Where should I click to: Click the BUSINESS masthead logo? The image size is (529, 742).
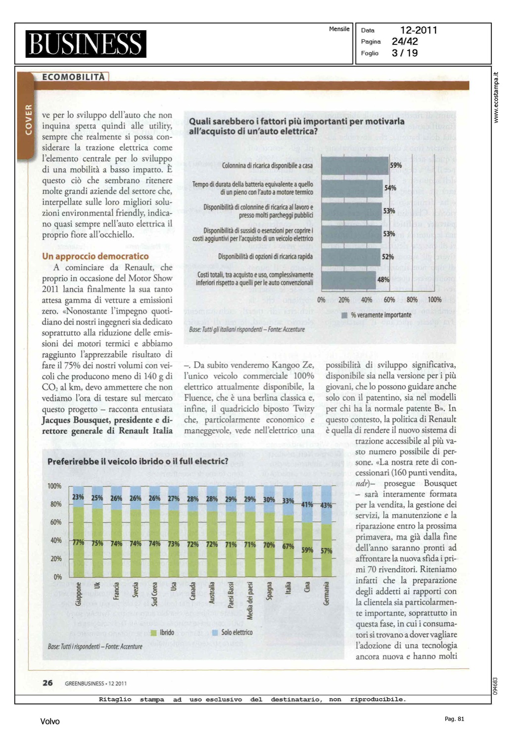pos(86,44)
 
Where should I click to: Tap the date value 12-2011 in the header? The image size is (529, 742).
pos(419,30)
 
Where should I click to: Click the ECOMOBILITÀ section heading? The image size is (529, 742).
pos(73,77)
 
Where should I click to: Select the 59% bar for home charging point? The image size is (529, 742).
pos(355,166)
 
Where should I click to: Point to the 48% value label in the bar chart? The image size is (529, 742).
pos(383,279)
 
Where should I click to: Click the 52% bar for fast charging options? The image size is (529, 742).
pos(351,257)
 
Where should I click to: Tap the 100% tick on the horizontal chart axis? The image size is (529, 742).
pos(434,300)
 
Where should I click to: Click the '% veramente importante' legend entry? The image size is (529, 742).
pos(377,315)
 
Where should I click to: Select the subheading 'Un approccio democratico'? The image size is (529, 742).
pos(95,256)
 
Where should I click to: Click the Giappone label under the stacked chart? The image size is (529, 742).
pos(78,594)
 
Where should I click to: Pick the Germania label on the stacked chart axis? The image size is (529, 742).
pos(326,593)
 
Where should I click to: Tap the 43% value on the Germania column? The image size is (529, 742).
pos(326,506)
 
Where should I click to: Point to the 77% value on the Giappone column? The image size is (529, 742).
pos(78,542)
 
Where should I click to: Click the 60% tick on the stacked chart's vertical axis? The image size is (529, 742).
pos(56,522)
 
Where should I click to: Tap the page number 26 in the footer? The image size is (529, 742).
pos(48,683)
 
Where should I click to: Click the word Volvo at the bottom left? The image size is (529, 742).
pos(50,722)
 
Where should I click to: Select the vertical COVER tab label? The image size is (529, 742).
pos(28,119)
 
